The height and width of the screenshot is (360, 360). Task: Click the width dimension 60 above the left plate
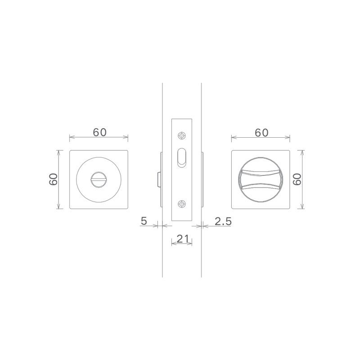coord(99,132)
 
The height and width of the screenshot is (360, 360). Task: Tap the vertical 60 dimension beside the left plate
coord(53,179)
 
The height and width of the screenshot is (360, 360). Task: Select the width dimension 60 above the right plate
coord(261,132)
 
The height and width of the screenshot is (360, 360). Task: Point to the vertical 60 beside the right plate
coord(297,179)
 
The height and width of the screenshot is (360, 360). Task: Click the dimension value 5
coord(144,221)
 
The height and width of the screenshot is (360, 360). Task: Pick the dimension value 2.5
coord(223,221)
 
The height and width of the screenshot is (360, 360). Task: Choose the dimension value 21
coord(183,239)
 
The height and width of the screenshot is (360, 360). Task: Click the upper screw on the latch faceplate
coord(182,136)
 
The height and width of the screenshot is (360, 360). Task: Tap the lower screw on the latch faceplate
coord(182,204)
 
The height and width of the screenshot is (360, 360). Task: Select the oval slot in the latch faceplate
coord(182,158)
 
